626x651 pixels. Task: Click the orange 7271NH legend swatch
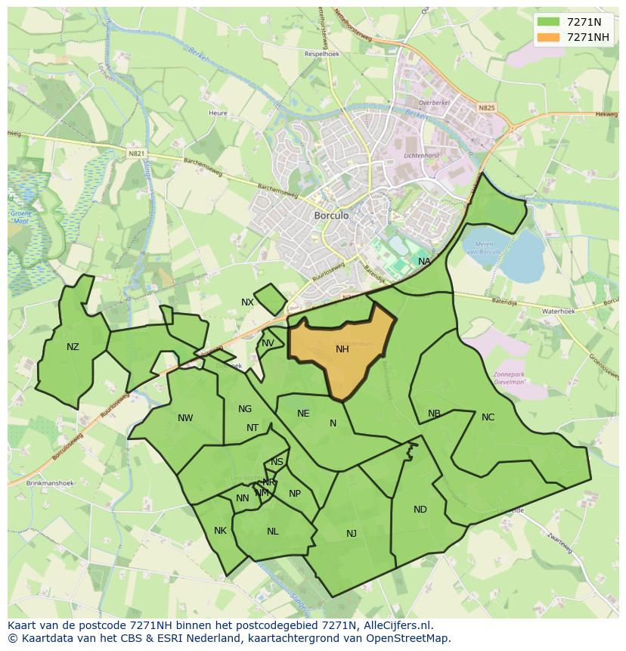click(548, 37)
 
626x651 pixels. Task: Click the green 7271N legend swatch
click(548, 22)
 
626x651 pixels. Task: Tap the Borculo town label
click(331, 215)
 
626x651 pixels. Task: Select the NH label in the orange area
click(342, 349)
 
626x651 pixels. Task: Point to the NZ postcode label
click(73, 347)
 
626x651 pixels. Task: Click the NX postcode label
click(247, 302)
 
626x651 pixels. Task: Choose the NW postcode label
click(185, 418)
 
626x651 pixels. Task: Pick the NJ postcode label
click(352, 534)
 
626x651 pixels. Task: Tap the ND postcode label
click(420, 510)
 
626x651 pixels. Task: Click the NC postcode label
click(488, 417)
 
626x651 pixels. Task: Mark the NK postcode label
click(220, 531)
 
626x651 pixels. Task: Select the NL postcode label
click(273, 532)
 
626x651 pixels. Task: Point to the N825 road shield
click(486, 108)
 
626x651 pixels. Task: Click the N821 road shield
click(136, 153)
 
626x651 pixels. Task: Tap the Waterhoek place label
click(558, 311)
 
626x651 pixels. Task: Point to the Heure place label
click(218, 113)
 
